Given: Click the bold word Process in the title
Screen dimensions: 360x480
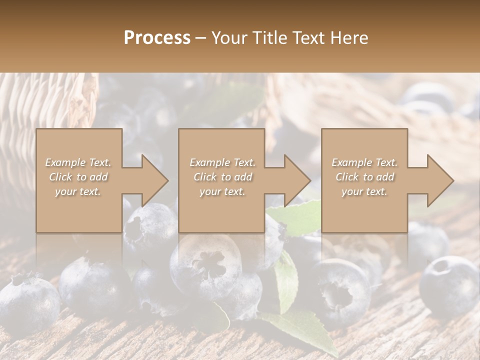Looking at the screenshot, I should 157,37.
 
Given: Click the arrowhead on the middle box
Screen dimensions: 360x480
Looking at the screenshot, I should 297,180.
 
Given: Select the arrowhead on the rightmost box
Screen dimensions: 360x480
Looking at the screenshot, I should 440,180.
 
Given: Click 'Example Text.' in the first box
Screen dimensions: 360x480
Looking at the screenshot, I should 78,162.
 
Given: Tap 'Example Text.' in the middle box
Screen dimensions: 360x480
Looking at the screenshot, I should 222,162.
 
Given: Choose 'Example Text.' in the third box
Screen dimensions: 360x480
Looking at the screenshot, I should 364,162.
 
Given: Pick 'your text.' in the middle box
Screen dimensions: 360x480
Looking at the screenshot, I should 222,191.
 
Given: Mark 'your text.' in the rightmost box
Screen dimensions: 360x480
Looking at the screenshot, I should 364,191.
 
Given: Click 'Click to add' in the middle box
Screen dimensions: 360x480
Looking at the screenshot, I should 222,177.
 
